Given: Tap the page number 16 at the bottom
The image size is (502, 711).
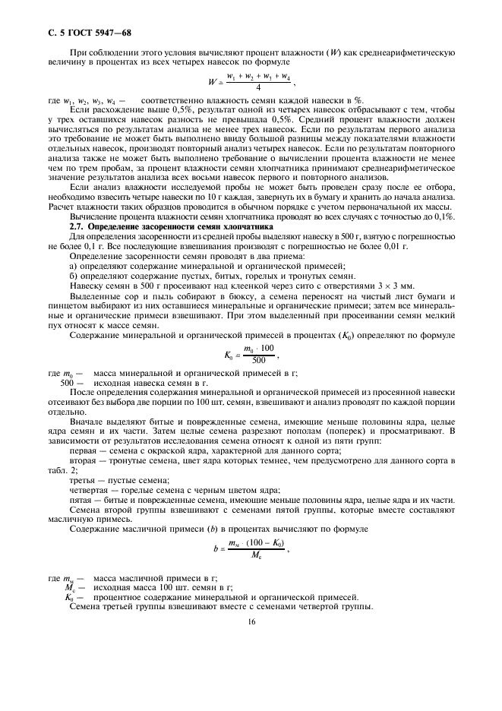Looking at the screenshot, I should tap(251, 621).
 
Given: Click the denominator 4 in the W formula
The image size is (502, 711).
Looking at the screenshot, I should tap(247, 87).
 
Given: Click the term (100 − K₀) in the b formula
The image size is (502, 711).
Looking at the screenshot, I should tap(260, 543).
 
